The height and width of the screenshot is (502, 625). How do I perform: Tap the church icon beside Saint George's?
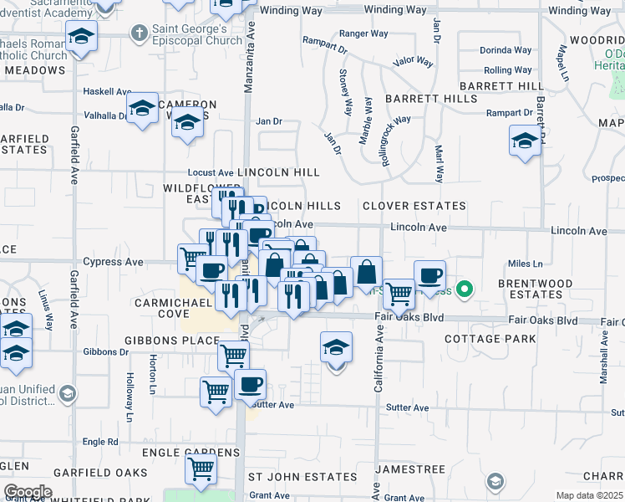tap(140, 33)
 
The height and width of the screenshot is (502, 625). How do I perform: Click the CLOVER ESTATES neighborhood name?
tap(414, 206)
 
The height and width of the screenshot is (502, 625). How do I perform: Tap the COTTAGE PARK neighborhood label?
tap(490, 340)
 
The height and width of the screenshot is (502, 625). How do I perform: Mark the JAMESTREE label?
tap(407, 470)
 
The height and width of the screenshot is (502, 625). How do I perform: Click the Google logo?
tap(28, 492)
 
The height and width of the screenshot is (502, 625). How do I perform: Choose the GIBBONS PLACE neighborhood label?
tap(171, 341)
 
